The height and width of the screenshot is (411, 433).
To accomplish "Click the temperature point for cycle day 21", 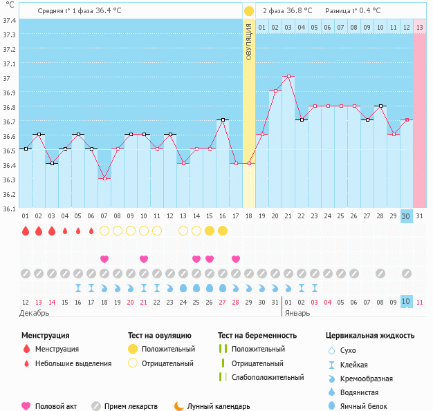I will [x=288, y=77].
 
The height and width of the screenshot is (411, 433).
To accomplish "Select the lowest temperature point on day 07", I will [x=104, y=178].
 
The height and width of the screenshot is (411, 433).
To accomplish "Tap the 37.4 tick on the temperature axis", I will [x=9, y=20].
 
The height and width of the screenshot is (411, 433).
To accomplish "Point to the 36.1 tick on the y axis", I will [x=9, y=209].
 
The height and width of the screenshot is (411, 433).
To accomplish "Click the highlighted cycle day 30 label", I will [x=407, y=216].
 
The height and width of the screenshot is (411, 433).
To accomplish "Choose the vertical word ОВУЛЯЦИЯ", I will [x=249, y=41].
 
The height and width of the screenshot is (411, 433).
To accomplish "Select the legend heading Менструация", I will [x=45, y=336].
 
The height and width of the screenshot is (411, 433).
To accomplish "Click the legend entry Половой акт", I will [x=57, y=407].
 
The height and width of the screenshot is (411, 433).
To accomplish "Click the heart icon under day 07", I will [x=104, y=259].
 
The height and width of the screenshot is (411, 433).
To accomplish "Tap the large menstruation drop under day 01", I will [x=26, y=231].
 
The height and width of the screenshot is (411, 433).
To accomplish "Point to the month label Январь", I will [x=299, y=312].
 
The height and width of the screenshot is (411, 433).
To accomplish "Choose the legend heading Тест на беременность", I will [x=257, y=336].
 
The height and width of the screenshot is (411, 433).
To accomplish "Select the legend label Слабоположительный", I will [x=268, y=377].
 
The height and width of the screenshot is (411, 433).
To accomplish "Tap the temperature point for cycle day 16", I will [x=223, y=120].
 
